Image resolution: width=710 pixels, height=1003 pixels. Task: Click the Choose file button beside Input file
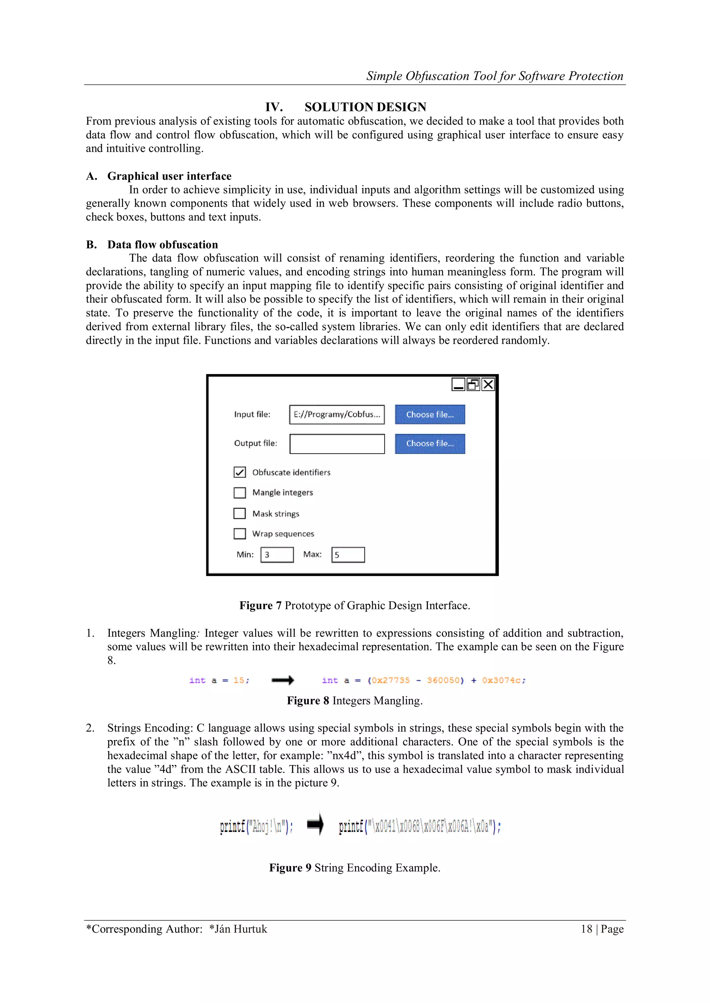pos(430,414)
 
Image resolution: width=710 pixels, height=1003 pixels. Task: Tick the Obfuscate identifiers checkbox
pos(240,472)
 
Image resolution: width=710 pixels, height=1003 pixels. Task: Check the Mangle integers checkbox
pos(240,493)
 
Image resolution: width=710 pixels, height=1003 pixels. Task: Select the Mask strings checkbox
pos(240,513)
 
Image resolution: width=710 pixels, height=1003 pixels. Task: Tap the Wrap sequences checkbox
pos(240,533)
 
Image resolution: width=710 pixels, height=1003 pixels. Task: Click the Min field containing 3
pos(277,555)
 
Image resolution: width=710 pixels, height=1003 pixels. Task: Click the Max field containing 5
pos(348,555)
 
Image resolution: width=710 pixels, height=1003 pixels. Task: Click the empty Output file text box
pos(337,444)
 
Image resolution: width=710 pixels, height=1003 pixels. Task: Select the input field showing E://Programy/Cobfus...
pos(337,414)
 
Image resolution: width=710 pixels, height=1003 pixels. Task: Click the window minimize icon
pos(458,384)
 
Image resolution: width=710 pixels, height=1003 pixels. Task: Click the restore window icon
pos(473,384)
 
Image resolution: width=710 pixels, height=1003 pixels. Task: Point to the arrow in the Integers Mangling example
pos(283,680)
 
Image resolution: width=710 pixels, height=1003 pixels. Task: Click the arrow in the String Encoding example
pos(315,824)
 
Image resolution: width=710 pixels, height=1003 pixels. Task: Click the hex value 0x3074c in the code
pos(503,680)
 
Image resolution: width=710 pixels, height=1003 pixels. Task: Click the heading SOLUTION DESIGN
pos(365,107)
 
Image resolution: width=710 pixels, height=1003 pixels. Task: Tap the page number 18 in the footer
pos(586,929)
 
